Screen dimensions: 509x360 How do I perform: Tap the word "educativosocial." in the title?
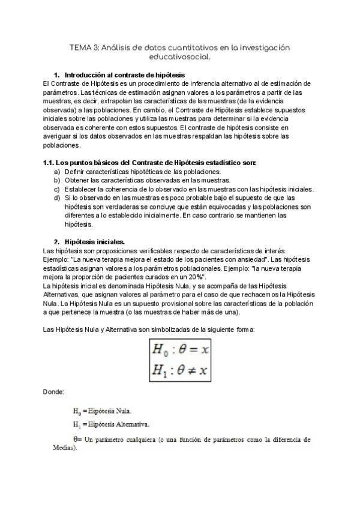[180, 58]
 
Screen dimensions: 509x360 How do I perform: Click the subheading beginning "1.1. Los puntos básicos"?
[150, 163]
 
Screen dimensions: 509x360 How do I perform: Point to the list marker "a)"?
[57, 171]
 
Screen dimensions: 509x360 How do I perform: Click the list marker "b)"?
[57, 180]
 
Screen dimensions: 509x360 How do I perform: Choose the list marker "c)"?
[57, 189]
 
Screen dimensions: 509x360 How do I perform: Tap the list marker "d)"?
[57, 198]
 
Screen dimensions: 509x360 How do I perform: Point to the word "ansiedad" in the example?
[248, 259]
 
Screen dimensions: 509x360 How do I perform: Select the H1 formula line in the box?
[180, 370]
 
